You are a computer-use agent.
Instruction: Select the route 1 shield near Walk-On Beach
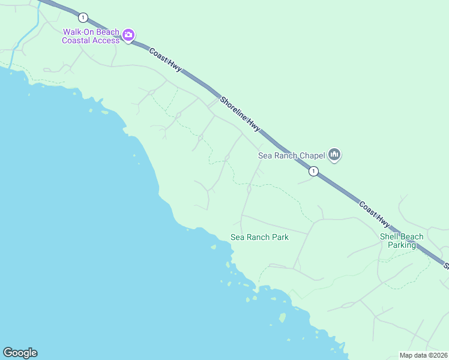coord(83,17)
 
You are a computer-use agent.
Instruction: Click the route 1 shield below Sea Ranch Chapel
coord(313,172)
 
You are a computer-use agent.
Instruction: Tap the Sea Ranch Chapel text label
coord(291,155)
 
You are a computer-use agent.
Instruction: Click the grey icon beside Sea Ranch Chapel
coord(334,155)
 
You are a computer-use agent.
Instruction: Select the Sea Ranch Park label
coord(259,237)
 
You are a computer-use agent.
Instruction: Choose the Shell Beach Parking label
coord(402,241)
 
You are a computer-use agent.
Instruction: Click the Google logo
coord(20,353)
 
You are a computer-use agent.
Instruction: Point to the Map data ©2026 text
coord(423,355)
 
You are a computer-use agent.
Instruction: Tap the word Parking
coord(402,245)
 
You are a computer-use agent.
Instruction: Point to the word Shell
coord(390,236)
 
